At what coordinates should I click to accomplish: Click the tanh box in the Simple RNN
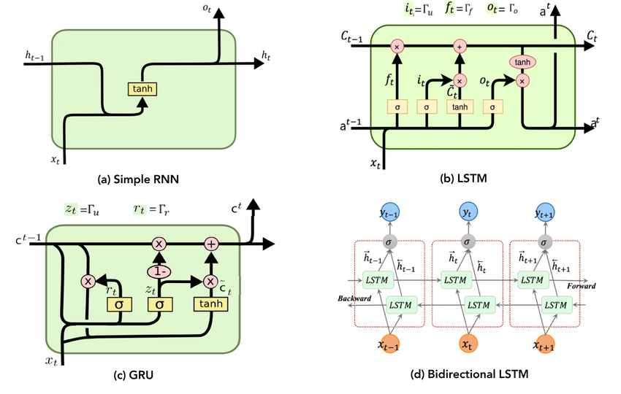[x=143, y=89]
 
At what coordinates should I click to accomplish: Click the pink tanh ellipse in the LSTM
[x=522, y=62]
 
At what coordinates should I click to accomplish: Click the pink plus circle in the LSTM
[x=460, y=45]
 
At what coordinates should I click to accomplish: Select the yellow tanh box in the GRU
[x=210, y=303]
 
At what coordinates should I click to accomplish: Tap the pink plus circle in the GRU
[x=210, y=244]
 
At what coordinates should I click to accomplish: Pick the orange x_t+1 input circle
[x=543, y=344]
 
